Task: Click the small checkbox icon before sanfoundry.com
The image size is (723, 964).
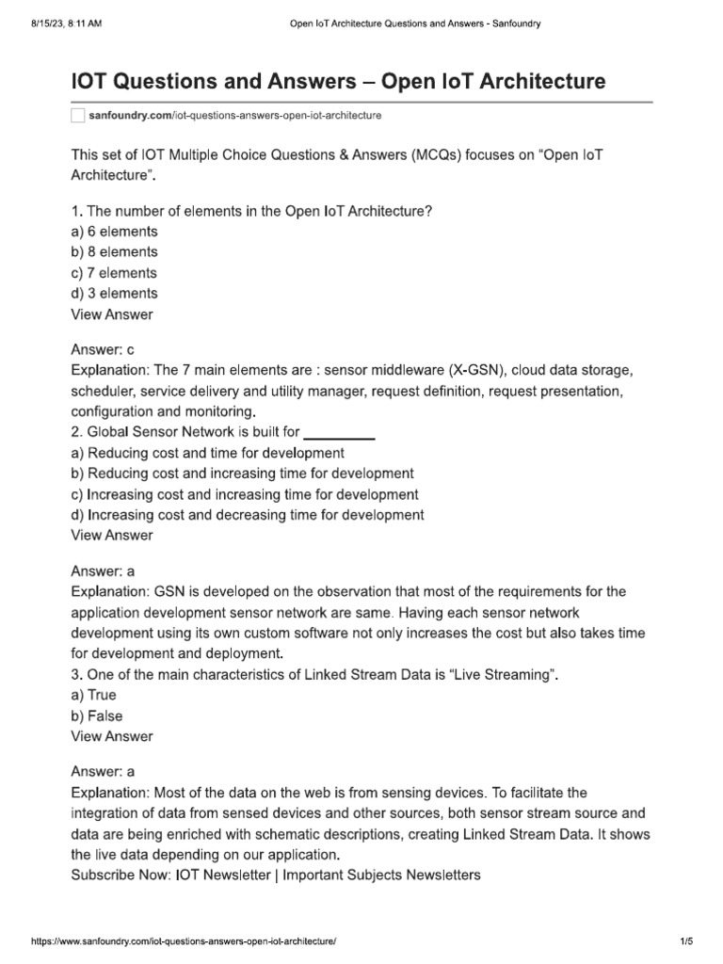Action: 78,115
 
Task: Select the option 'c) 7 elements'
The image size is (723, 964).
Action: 114,273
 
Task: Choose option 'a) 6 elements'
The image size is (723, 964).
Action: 114,232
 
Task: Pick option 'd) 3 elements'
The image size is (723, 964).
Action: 114,294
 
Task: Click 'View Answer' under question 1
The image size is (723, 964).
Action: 112,314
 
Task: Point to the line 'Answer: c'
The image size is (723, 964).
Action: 104,348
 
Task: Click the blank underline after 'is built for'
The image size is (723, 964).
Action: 341,433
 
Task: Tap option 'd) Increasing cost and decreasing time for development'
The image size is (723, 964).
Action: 248,515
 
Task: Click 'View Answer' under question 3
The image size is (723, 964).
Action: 112,736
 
